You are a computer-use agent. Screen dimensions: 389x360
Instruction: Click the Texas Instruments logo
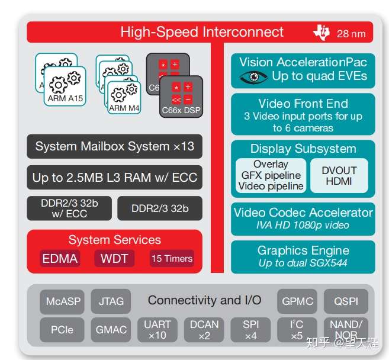tap(321, 33)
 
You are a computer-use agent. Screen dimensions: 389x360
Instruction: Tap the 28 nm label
tap(351, 34)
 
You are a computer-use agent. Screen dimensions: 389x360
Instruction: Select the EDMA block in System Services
tap(60, 259)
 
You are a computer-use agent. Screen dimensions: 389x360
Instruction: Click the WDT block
tap(114, 259)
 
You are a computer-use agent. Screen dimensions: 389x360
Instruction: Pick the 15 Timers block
tap(172, 259)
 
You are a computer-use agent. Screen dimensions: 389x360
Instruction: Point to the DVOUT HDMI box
tap(339, 175)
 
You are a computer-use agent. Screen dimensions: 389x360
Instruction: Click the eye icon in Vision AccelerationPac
tap(253, 77)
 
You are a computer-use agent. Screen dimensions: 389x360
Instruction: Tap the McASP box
tap(63, 301)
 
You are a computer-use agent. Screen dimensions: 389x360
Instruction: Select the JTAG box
tap(111, 301)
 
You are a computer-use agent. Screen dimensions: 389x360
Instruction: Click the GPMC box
tap(297, 301)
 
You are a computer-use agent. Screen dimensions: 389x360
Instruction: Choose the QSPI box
tap(346, 301)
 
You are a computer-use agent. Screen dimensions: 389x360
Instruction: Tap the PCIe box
tap(62, 330)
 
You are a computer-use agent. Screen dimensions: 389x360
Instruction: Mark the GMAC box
tap(111, 330)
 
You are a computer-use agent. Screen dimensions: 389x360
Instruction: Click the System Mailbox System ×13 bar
tap(114, 146)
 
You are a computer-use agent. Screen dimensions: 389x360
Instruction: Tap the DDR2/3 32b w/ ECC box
tap(69, 208)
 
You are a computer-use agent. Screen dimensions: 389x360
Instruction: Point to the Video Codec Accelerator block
tap(303, 218)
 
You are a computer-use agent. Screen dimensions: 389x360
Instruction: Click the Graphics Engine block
tap(303, 256)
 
